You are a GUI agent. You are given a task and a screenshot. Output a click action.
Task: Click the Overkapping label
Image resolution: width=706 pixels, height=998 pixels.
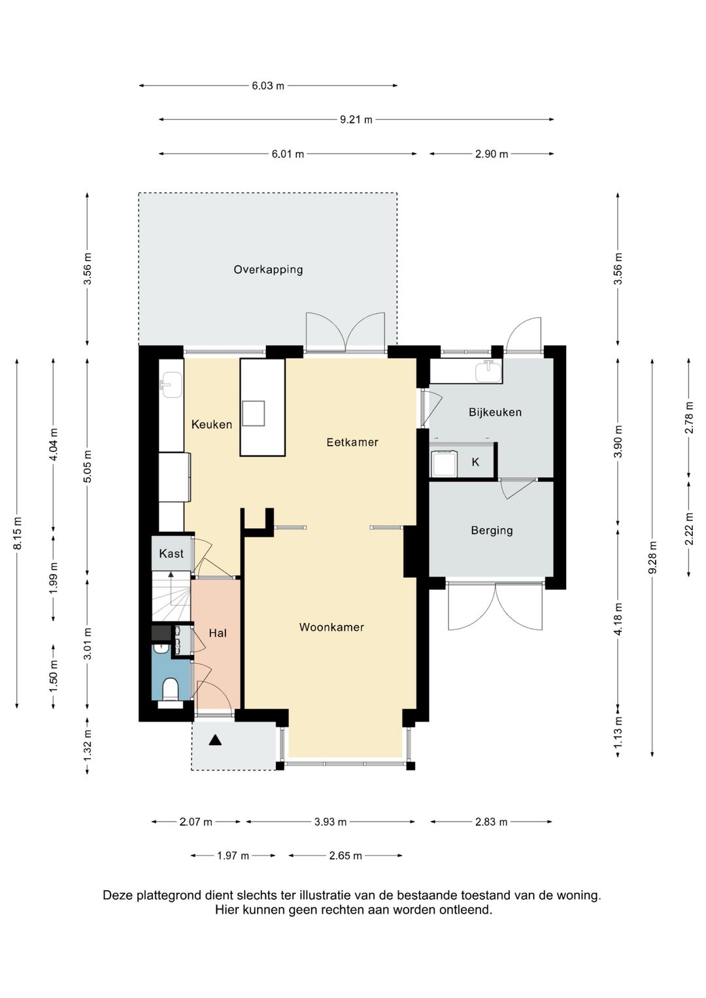click(x=268, y=269)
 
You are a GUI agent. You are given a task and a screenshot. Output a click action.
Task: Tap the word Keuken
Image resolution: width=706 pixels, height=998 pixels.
click(x=212, y=424)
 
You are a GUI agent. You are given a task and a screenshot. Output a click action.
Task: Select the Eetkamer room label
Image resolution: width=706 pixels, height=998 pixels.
click(x=352, y=442)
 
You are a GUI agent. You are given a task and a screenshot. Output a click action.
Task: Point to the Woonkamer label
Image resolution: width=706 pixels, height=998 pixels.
click(x=331, y=627)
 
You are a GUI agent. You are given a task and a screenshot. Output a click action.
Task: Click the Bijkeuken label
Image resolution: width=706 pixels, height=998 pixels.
click(x=495, y=412)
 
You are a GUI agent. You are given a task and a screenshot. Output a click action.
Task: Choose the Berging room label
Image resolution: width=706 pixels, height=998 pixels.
click(x=492, y=530)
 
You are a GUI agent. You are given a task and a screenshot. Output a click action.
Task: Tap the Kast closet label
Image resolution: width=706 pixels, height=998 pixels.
click(x=171, y=554)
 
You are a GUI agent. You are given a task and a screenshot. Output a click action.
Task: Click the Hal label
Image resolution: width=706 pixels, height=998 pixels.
click(x=218, y=633)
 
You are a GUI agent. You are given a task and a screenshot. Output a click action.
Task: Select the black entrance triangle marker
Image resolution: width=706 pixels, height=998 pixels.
click(x=215, y=740)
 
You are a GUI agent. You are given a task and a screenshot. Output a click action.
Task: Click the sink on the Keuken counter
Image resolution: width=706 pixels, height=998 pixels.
click(x=171, y=385)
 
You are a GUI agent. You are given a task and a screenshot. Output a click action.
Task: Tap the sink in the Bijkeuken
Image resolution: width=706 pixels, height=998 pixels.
click(x=488, y=371)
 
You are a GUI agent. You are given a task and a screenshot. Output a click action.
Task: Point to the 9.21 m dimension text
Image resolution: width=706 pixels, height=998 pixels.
click(x=356, y=120)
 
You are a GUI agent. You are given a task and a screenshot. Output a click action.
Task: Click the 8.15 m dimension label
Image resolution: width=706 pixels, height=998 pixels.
click(x=18, y=533)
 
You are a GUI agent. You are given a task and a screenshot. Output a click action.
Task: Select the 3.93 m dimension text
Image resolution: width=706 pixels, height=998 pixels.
click(x=330, y=822)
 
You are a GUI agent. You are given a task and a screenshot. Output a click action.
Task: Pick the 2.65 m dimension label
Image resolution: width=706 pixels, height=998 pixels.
click(x=345, y=856)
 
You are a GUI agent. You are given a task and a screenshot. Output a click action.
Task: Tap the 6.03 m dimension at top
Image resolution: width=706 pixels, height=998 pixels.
click(x=268, y=86)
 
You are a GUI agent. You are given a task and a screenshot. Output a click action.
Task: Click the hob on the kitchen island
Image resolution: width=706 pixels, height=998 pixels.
click(x=253, y=413)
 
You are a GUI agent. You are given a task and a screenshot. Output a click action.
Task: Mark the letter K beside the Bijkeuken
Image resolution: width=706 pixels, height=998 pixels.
click(x=475, y=462)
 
